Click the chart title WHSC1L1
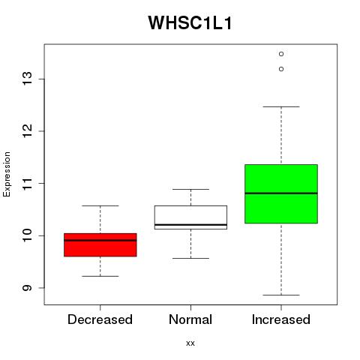tap(190, 23)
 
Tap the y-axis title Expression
tap(7, 174)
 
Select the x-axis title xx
tap(190, 343)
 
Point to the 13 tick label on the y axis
tap(27, 79)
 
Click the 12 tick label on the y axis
tap(27, 130)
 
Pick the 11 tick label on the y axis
tap(27, 183)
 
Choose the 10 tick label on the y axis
tap(27, 235)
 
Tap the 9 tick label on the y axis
tap(27, 287)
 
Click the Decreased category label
tap(100, 319)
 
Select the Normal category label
tap(190, 319)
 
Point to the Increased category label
tap(281, 319)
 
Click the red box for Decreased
tap(100, 245)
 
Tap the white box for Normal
tap(190, 217)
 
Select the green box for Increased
tap(281, 193)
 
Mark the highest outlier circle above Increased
tap(281, 54)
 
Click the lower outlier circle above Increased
tap(281, 69)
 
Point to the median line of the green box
tap(281, 193)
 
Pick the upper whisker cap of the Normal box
tap(190, 189)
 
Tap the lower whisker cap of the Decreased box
tap(100, 276)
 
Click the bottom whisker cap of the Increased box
tap(281, 295)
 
